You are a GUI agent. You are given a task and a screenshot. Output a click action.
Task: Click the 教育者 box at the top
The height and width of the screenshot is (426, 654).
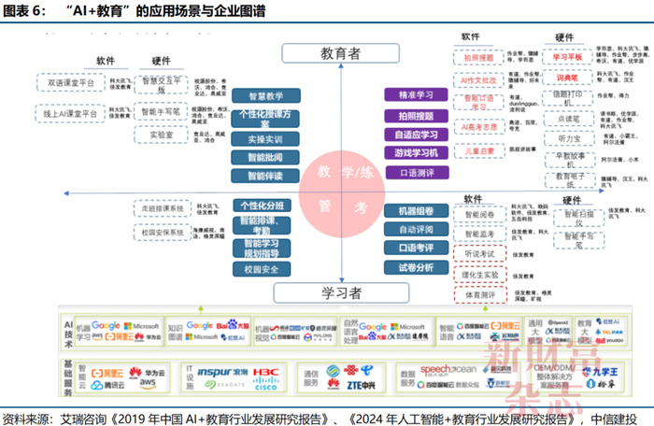[340, 53]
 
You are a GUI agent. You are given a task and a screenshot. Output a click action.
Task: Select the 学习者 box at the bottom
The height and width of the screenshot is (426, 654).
[340, 293]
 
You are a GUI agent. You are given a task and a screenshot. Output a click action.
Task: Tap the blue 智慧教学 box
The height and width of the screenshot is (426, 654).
[265, 95]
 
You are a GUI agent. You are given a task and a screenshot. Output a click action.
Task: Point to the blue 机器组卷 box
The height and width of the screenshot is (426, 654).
[416, 211]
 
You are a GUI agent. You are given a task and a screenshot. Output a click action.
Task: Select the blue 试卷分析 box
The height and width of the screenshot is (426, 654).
[416, 267]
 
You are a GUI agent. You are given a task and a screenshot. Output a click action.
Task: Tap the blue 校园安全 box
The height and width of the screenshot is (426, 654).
[265, 270]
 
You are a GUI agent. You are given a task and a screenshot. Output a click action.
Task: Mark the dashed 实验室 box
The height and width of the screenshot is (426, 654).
[159, 135]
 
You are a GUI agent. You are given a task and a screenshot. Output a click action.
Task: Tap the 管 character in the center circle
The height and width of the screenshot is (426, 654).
[325, 204]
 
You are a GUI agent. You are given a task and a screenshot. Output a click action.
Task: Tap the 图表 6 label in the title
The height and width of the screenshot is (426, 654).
[24, 11]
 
